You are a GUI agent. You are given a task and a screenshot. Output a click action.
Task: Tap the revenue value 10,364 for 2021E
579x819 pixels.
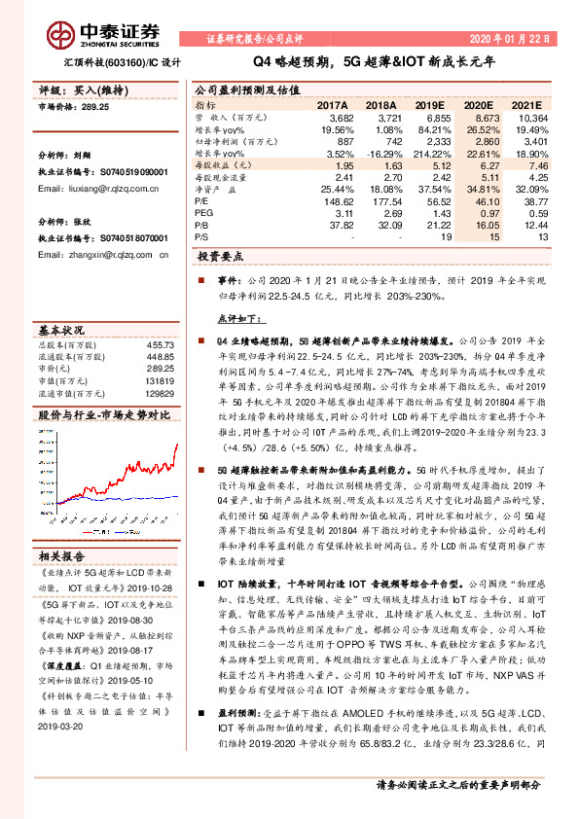(530, 117)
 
